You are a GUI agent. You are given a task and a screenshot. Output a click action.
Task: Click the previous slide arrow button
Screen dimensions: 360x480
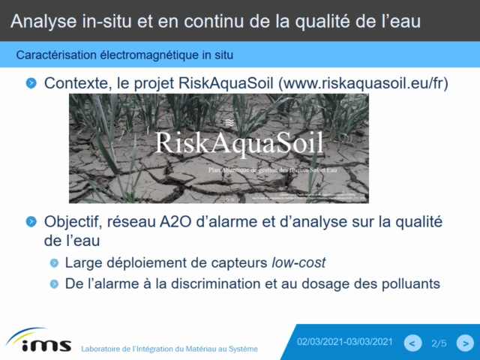(412, 343)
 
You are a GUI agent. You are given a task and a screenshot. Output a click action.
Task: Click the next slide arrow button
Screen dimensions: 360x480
(466, 343)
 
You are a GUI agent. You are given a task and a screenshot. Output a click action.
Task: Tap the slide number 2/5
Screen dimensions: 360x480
(439, 343)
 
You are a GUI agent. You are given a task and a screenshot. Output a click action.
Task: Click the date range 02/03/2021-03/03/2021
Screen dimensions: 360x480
(344, 342)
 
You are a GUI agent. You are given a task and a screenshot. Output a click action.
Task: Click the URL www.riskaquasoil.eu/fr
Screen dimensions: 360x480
(363, 83)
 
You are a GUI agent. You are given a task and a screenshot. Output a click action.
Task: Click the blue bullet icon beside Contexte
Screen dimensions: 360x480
(31, 82)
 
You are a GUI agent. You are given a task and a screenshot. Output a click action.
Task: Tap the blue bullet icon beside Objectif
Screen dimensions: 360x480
(31, 222)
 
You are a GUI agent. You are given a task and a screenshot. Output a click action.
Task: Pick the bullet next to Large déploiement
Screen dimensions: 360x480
(54, 263)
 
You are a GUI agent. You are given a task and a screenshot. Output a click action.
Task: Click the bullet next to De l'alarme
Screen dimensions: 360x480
(54, 284)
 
